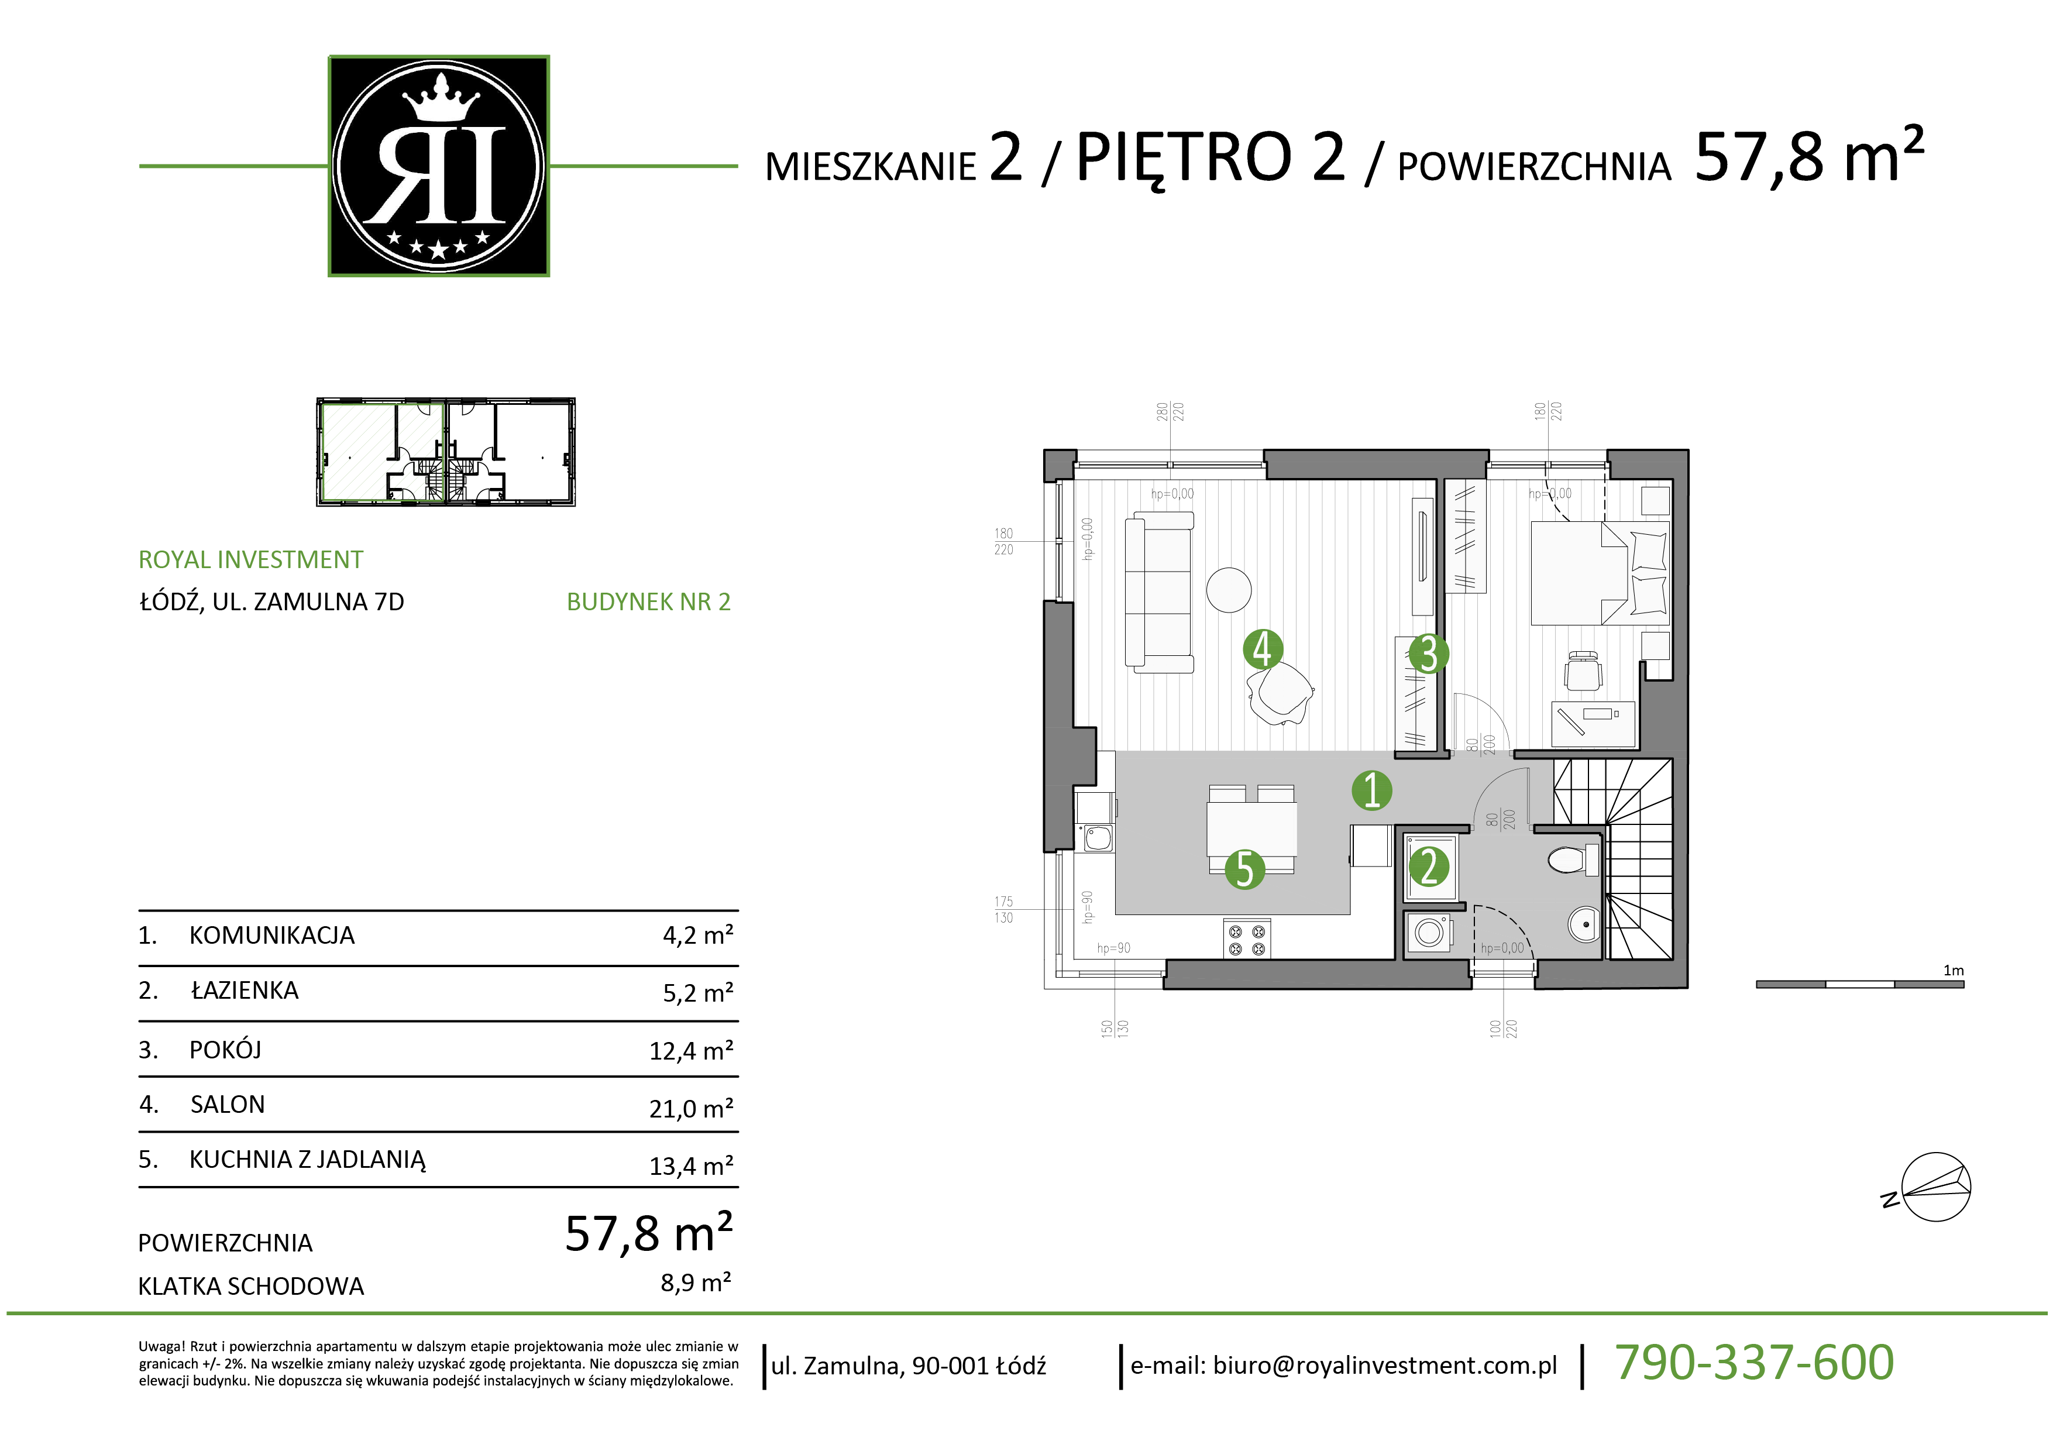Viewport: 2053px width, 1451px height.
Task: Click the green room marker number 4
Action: (1263, 650)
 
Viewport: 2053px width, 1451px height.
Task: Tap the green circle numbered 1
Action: (1371, 790)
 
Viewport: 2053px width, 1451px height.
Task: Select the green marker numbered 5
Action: (1244, 870)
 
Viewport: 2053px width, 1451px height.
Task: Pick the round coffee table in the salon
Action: (1229, 590)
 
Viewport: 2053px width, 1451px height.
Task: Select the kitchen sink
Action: (1098, 838)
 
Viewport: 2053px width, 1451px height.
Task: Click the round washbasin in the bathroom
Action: (1584, 923)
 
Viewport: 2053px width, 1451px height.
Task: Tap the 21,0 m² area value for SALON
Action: (691, 1109)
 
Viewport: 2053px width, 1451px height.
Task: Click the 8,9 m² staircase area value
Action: (696, 1283)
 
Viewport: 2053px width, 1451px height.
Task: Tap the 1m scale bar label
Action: (1953, 970)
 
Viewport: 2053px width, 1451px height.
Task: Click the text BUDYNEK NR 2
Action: (648, 601)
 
